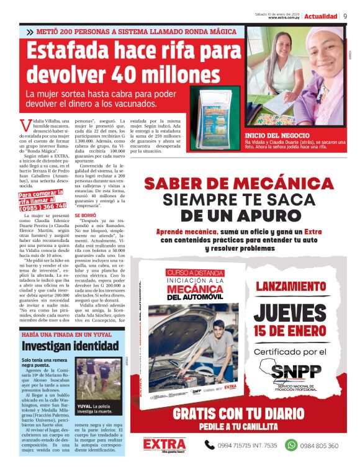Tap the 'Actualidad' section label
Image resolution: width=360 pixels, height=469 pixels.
(x=322, y=16)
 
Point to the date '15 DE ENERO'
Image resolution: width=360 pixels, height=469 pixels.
(x=290, y=336)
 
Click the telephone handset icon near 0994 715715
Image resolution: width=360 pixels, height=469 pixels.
(x=210, y=445)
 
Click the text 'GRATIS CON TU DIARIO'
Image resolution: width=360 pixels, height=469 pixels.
(x=243, y=414)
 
